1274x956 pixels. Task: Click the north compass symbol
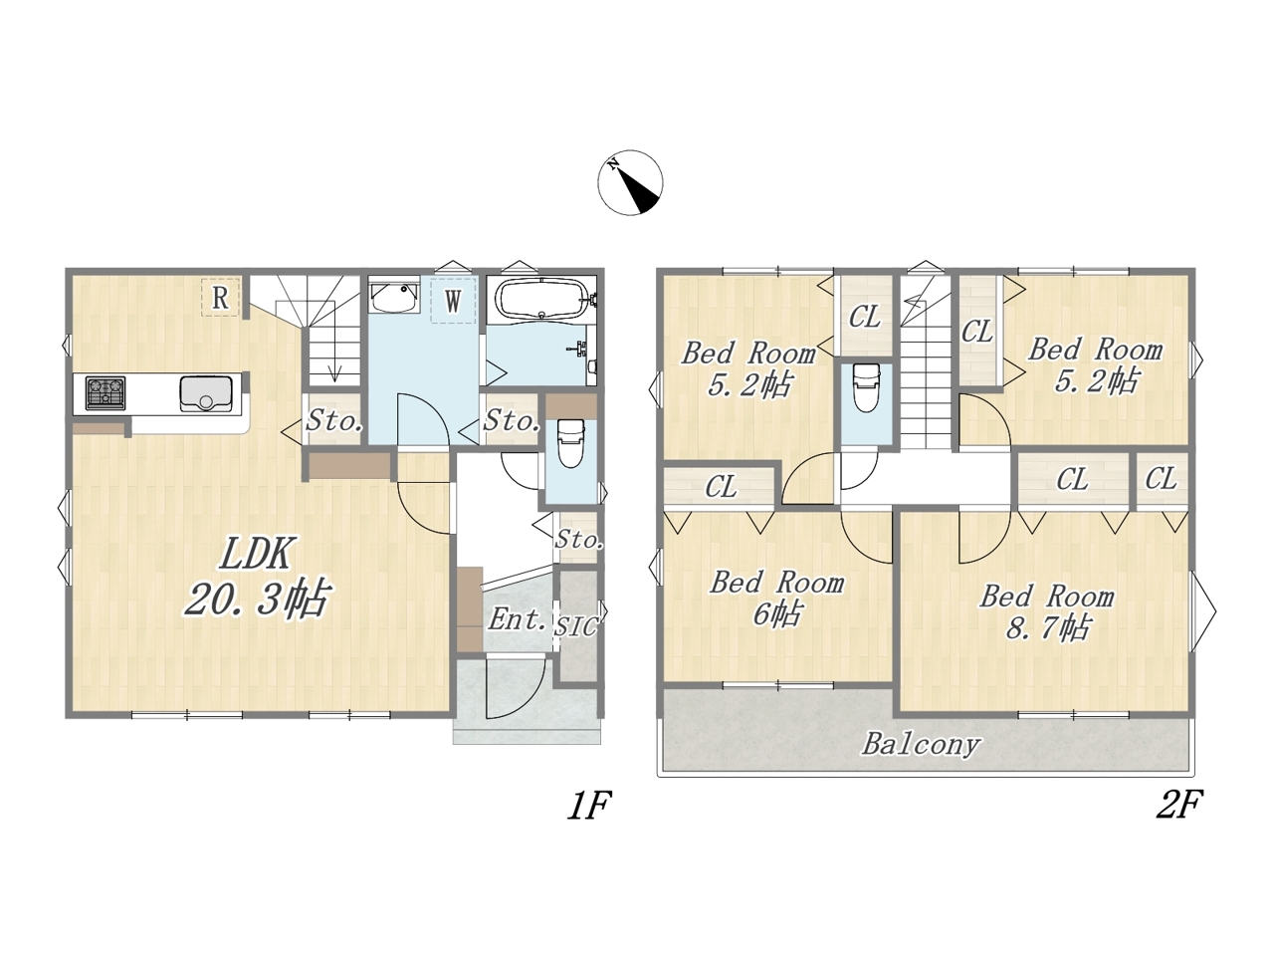(630, 182)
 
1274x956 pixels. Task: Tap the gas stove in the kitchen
(106, 393)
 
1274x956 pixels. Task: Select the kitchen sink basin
(206, 393)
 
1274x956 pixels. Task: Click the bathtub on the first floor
(540, 299)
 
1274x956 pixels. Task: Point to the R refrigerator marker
(220, 297)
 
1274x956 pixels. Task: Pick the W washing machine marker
(453, 300)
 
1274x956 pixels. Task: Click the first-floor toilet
(570, 443)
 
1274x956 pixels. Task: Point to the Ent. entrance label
(518, 619)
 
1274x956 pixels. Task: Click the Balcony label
(921, 745)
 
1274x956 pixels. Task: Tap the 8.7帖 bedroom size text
(1048, 627)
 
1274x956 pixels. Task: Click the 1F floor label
(588, 805)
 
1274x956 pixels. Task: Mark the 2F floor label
(1178, 805)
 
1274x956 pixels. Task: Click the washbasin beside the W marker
(393, 297)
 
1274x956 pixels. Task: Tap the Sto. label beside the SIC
(578, 540)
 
